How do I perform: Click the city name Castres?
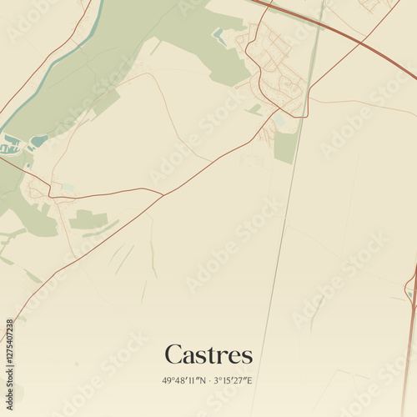click(208, 354)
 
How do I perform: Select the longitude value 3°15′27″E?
click(234, 380)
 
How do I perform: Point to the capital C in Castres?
click(173, 354)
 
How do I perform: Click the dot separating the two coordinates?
click(209, 380)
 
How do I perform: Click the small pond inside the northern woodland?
click(219, 35)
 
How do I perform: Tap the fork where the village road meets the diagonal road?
click(163, 194)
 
